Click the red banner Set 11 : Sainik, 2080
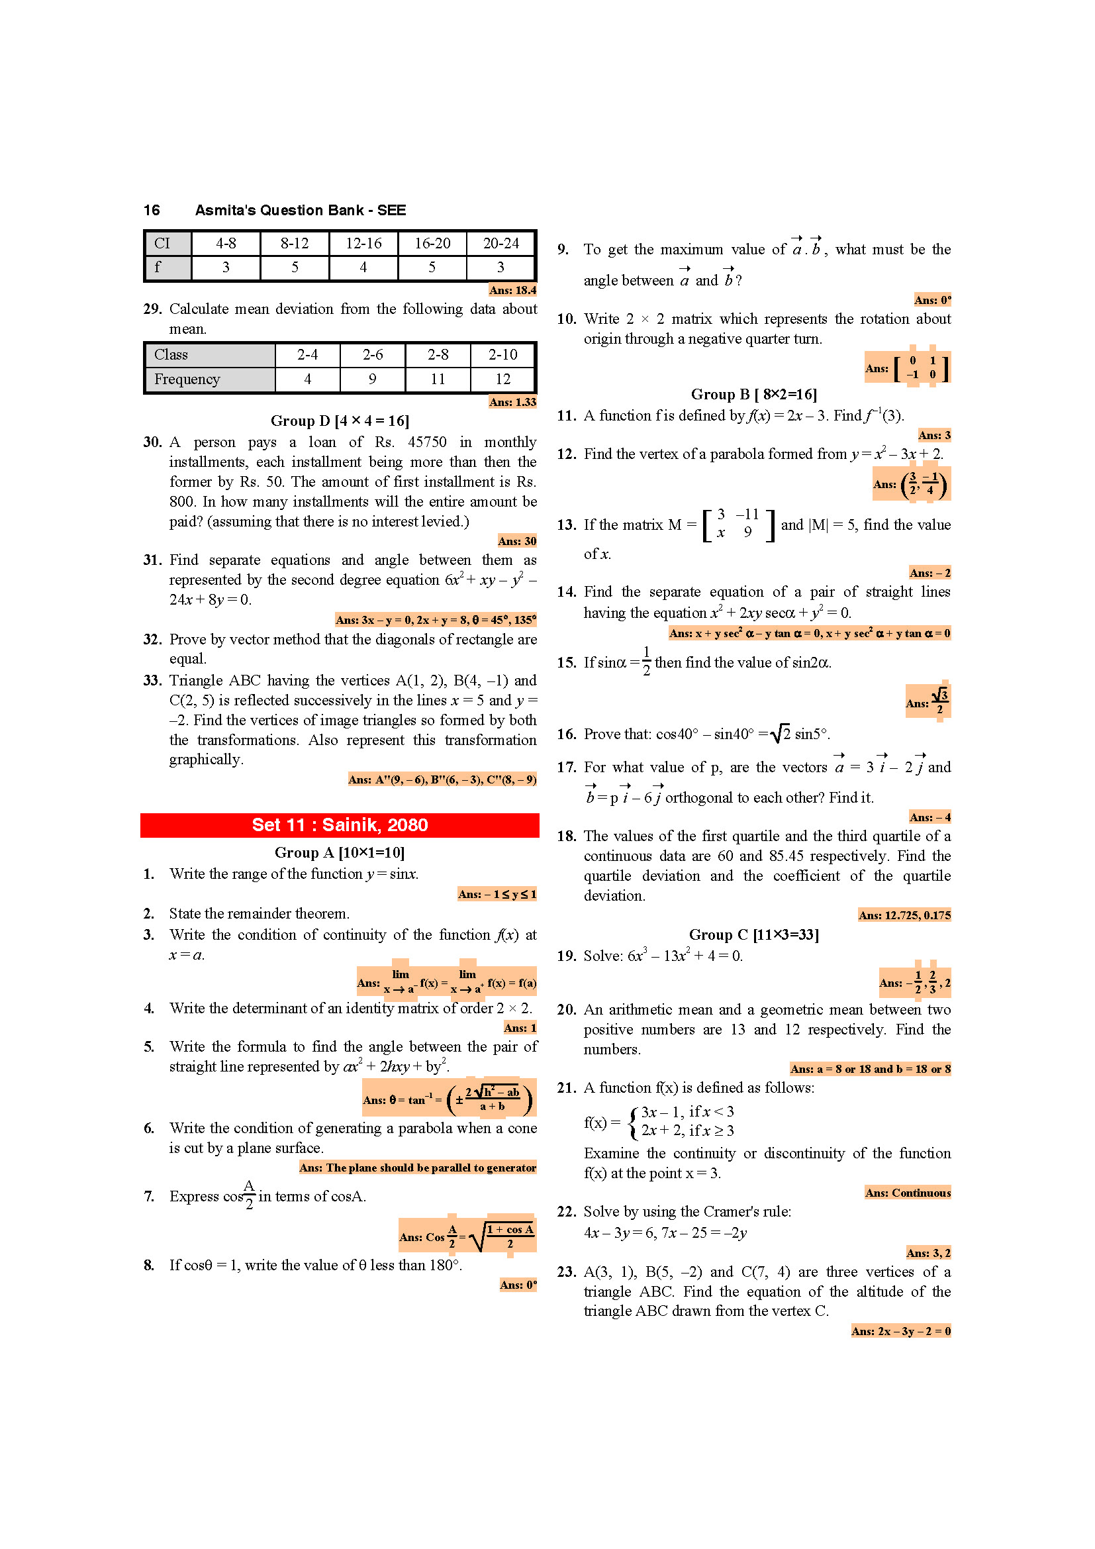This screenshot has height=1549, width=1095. [x=339, y=824]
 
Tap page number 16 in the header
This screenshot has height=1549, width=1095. [x=152, y=210]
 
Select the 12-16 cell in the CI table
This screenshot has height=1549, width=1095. [x=363, y=244]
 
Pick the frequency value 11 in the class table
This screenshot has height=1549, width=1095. [x=438, y=379]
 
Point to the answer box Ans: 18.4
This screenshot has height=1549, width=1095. [x=512, y=290]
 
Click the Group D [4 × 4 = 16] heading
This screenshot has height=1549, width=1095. [x=340, y=421]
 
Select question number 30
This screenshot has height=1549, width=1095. [x=152, y=442]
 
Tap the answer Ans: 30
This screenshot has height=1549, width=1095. [x=516, y=541]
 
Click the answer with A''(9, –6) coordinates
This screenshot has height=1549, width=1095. [x=442, y=779]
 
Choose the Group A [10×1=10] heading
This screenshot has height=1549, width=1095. [x=339, y=852]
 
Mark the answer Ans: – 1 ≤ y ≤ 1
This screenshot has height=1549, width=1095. [x=497, y=894]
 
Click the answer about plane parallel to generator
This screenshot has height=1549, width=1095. [x=417, y=1167]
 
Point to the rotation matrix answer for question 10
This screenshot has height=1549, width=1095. [x=908, y=368]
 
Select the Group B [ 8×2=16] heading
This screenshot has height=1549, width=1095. [x=753, y=394]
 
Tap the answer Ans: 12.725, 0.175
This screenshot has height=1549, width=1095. [x=904, y=915]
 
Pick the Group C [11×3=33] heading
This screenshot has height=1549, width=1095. [x=753, y=934]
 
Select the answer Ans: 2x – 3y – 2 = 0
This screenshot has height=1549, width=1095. [x=900, y=1330]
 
